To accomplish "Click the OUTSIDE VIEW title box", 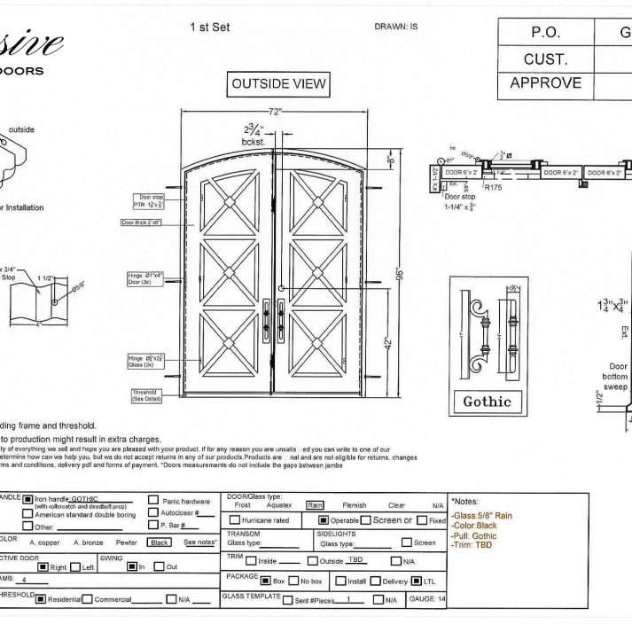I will coord(278,84).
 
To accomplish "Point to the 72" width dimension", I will coord(276,113).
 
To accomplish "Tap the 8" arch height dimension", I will coord(391,160).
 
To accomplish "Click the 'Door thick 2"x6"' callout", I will coord(142,222).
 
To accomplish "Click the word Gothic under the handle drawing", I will coord(487,402).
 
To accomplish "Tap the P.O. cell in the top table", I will coord(545,32).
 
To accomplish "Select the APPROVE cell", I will coord(545,83).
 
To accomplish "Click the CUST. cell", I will coord(545,59).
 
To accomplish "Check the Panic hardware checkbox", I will coord(154,501).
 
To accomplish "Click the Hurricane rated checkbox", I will coord(235,520).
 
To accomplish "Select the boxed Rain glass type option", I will coord(315,505).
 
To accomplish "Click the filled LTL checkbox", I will coord(416,581).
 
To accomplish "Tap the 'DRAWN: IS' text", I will coord(395,27).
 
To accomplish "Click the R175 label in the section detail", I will coord(494,188).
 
